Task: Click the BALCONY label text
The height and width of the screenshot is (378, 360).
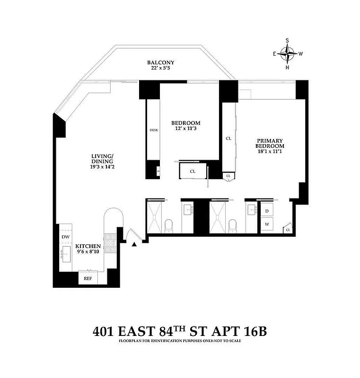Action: click(161, 62)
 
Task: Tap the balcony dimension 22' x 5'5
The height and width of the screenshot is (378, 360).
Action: click(161, 69)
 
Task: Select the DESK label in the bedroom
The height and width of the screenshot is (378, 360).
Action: click(153, 130)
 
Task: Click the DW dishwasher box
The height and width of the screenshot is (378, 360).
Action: click(65, 237)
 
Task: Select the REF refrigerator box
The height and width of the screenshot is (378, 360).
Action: click(88, 278)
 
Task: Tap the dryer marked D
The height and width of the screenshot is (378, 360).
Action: click(267, 210)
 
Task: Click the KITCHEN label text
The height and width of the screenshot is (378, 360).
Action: click(89, 247)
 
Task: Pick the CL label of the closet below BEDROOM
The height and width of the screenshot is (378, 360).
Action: click(193, 172)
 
